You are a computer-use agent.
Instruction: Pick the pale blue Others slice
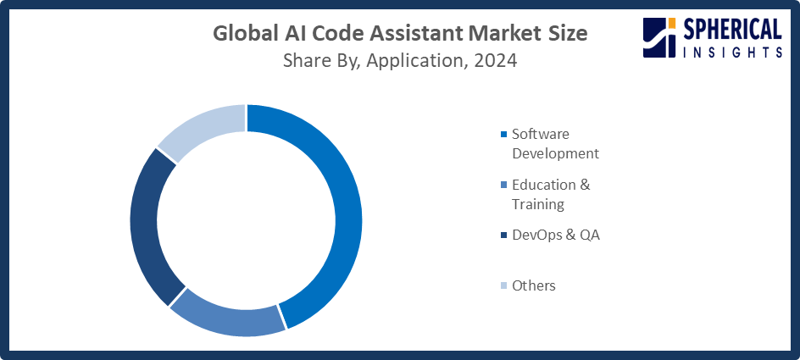(x=203, y=129)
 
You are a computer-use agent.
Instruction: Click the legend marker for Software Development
(x=505, y=135)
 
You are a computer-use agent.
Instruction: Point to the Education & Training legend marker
(x=505, y=185)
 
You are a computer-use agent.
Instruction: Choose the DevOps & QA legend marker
(x=505, y=235)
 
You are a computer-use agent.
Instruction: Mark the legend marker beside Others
(x=505, y=285)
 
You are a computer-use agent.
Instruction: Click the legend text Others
(x=534, y=285)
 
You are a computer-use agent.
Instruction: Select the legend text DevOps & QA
(x=556, y=235)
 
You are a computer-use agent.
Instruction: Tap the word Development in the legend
(x=555, y=153)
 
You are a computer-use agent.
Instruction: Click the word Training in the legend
(x=537, y=204)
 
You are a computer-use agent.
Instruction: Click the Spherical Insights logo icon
(x=659, y=39)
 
